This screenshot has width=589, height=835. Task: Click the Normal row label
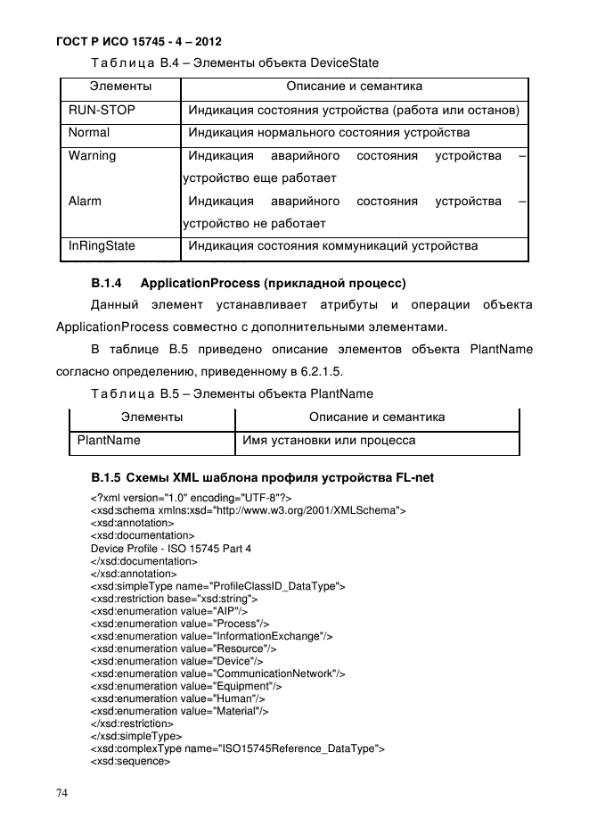pos(89,133)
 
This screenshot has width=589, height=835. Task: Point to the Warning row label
pos(92,155)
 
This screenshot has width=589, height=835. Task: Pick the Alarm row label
pos(85,201)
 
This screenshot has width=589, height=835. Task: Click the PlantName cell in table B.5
pos(109,440)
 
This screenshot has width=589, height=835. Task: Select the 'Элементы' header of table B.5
pos(152,417)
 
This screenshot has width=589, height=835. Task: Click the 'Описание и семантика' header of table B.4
pos(354,87)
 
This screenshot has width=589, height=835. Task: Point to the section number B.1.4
pos(106,284)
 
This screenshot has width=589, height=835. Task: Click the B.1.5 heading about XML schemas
pos(262,476)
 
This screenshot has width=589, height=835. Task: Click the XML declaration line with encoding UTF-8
pos(191,498)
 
